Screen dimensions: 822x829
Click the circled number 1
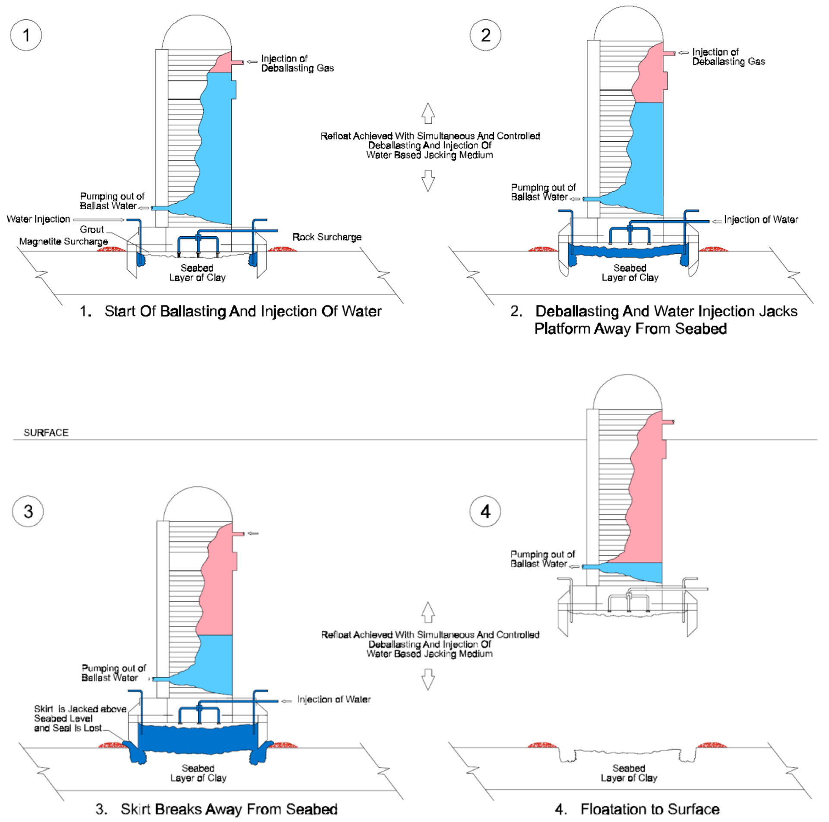(26, 35)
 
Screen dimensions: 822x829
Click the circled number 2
(485, 35)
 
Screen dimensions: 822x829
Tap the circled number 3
(28, 511)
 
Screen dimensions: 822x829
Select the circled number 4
(485, 511)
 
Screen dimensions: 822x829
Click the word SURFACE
(46, 433)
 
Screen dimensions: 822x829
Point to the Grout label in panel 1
(92, 229)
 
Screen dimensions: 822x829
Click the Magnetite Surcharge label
(63, 241)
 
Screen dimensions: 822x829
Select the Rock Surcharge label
(327, 237)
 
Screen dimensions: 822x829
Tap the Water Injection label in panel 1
(38, 219)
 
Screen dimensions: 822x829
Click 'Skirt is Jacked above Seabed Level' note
(80, 718)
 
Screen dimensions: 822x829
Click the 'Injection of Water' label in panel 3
(333, 699)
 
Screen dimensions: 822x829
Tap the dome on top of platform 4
(627, 393)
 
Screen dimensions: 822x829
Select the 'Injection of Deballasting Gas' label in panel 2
(728, 57)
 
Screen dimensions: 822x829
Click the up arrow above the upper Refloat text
(428, 113)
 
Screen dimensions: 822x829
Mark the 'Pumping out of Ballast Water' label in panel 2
(543, 192)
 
